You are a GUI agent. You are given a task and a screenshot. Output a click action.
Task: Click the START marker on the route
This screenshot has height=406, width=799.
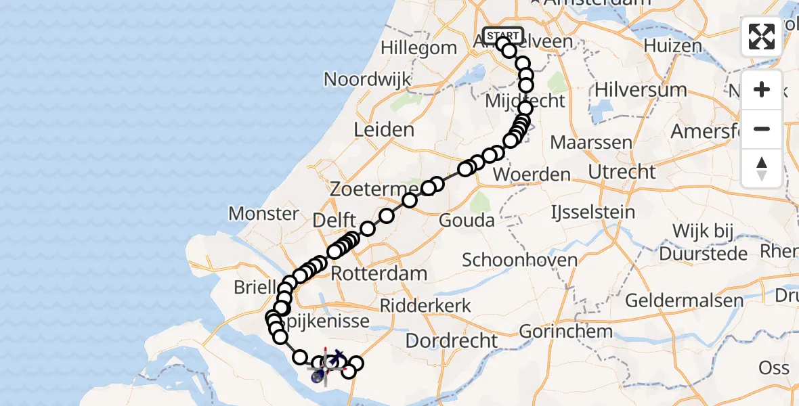pos(503,35)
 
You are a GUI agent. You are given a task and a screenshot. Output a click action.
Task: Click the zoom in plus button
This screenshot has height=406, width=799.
pos(762,90)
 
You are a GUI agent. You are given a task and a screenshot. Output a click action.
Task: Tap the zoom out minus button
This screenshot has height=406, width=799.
pos(762,129)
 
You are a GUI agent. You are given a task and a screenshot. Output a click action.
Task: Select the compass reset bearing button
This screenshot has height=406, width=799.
pos(762,168)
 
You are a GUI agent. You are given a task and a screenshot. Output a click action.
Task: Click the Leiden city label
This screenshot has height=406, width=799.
pos(384,129)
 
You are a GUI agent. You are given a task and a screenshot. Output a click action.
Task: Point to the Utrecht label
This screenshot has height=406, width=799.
pos(622,172)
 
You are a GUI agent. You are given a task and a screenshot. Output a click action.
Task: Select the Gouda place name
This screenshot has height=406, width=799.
pos(467,221)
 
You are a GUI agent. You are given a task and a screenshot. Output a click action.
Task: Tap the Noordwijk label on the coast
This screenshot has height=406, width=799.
pos(367,79)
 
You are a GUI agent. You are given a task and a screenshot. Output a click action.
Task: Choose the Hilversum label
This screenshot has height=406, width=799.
pos(640,90)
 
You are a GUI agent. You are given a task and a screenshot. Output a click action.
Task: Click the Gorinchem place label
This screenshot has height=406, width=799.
pos(566,332)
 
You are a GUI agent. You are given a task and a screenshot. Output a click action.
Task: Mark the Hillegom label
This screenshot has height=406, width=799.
pos(418,48)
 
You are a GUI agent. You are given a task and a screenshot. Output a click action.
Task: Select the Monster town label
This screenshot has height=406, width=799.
pos(263,214)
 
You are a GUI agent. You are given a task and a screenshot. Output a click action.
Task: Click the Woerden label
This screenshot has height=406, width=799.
pos(532,175)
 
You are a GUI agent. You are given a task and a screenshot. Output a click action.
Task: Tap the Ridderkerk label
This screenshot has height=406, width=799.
pos(425,306)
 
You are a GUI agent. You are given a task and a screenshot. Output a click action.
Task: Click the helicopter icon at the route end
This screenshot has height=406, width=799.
pos(326,366)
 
